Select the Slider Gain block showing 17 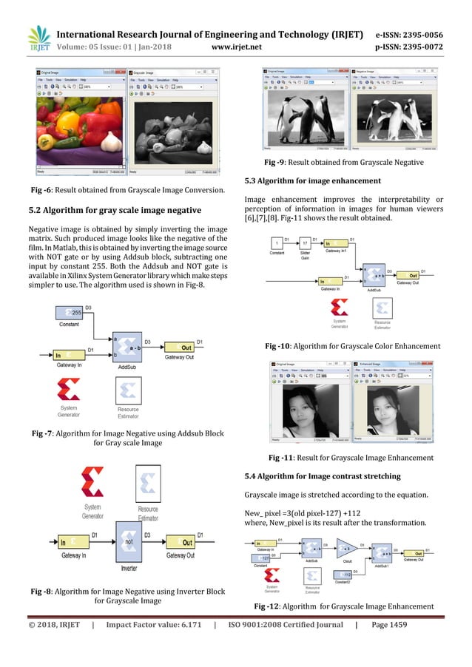click(306, 243)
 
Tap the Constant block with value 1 click(277, 243)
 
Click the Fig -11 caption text click(351, 458)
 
